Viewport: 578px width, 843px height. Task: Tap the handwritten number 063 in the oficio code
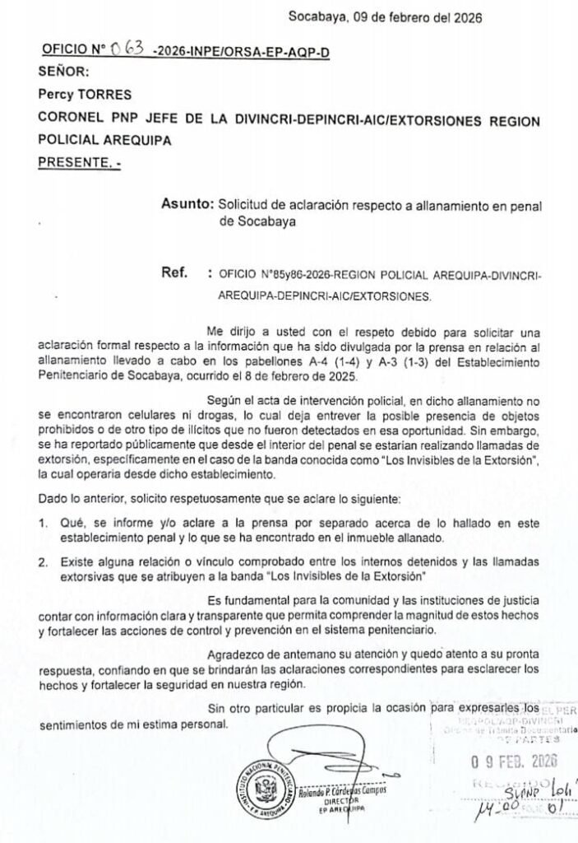coord(130,49)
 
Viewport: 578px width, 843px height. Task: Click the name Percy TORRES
coord(85,95)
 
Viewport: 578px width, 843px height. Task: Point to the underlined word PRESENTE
coord(79,164)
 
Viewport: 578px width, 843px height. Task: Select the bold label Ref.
coord(177,272)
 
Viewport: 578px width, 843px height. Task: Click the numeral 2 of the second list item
coord(43,560)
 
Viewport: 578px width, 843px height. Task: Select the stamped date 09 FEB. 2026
coord(512,761)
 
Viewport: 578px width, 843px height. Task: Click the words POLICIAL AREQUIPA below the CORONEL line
coord(104,141)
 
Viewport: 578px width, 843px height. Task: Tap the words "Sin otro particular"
coord(255,708)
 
